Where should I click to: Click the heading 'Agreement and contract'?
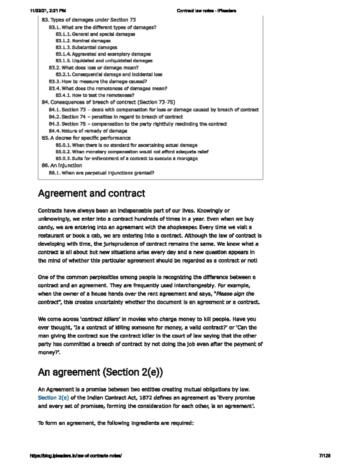click(91, 193)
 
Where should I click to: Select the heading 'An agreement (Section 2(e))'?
click(100, 372)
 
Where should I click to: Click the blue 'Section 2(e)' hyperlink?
click(53, 398)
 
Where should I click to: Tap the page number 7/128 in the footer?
click(325, 455)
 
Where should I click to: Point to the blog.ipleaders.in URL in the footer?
click(76, 455)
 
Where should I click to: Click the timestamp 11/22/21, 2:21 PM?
click(48, 11)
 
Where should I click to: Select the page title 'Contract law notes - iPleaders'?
click(206, 11)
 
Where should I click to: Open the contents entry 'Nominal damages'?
click(91, 41)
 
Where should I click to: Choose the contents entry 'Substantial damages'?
click(94, 47)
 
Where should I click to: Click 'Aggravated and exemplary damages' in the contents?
click(111, 54)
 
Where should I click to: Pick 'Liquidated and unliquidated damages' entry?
click(112, 61)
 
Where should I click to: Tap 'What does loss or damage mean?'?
click(100, 68)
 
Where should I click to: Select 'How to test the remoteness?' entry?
click(103, 95)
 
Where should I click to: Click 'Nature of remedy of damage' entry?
click(94, 131)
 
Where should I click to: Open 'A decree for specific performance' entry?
click(90, 138)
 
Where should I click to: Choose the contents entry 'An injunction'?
click(66, 165)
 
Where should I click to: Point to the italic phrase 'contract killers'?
click(100, 319)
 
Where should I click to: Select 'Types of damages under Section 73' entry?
click(93, 20)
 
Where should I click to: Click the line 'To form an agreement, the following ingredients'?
click(116, 423)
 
